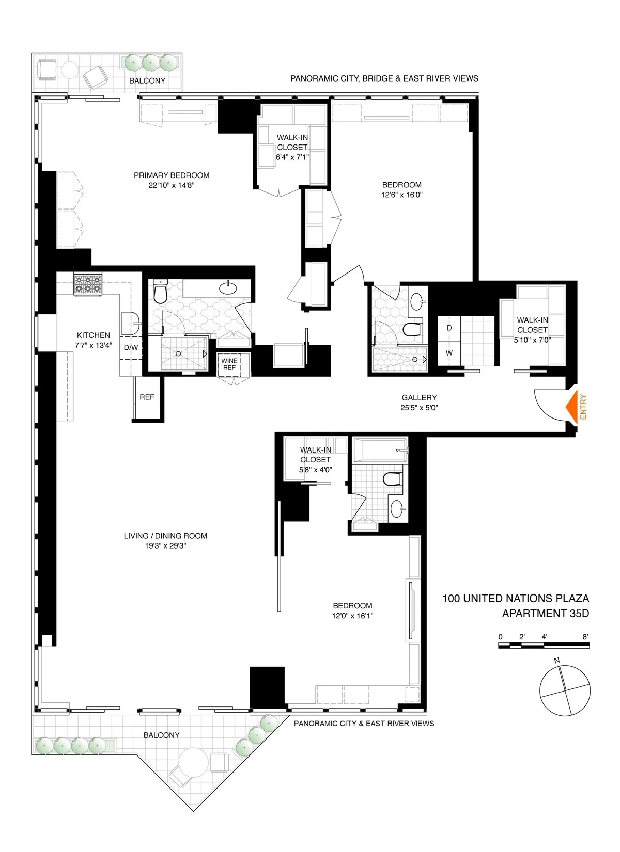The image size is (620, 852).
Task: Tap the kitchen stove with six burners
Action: [x=88, y=284]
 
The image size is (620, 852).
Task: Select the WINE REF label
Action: [x=229, y=364]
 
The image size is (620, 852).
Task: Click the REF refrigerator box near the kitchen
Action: [x=147, y=397]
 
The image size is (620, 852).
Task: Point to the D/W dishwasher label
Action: [x=131, y=347]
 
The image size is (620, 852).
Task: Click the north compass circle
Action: [x=564, y=690]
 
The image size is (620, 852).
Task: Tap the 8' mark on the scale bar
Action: [x=585, y=637]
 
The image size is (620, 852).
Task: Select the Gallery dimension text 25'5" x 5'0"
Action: [x=419, y=408]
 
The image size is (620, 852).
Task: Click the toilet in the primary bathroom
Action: [x=160, y=293]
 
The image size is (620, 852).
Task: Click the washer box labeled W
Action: [x=449, y=353]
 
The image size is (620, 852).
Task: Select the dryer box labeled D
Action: [x=449, y=328]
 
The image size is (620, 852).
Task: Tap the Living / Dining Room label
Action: [x=165, y=536]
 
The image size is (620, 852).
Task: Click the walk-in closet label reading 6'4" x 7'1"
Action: [x=292, y=157]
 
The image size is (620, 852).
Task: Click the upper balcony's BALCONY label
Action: [x=147, y=81]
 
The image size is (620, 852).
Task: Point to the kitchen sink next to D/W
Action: [x=131, y=324]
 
